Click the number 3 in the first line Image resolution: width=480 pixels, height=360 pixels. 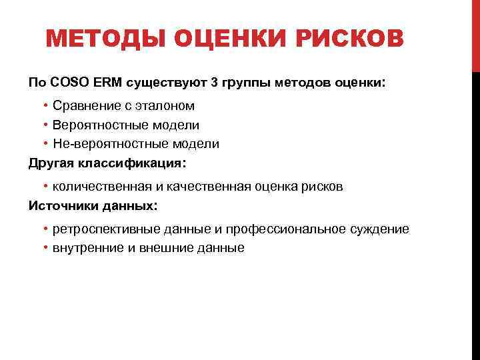[x=214, y=82]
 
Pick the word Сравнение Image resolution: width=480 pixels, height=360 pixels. [x=85, y=106]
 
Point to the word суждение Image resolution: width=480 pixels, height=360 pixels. [x=380, y=229]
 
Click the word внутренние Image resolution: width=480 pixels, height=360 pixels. [x=87, y=248]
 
